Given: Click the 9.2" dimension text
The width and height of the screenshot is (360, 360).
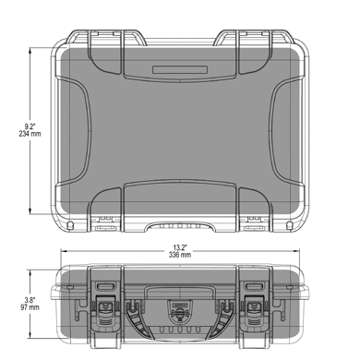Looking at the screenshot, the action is click(x=30, y=126).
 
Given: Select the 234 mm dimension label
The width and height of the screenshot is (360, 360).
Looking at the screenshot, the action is click(x=30, y=134).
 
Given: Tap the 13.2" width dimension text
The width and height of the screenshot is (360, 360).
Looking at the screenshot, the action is click(x=180, y=247).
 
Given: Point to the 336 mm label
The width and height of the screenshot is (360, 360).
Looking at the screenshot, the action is click(x=180, y=255).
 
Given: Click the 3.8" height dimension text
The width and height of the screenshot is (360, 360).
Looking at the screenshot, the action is click(x=30, y=300).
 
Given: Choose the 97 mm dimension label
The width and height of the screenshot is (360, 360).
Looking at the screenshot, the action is click(x=30, y=307).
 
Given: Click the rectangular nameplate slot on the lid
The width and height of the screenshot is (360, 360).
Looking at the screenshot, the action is click(x=180, y=69).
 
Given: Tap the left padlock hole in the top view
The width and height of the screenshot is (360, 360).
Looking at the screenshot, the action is click(x=70, y=225).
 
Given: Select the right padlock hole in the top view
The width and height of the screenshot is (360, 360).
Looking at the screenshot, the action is click(x=289, y=225).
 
